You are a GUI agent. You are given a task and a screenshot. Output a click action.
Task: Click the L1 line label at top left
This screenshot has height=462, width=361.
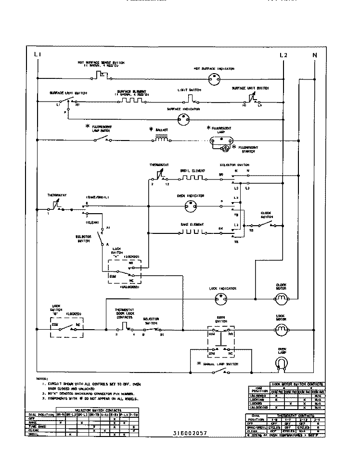[x=38, y=55]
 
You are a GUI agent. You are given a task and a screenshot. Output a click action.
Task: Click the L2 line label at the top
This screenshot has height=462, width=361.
[x=283, y=55]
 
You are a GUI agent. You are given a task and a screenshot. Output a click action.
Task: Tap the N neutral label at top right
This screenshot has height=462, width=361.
[x=315, y=55]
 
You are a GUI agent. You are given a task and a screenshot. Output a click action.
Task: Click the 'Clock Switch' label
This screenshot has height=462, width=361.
[x=267, y=214]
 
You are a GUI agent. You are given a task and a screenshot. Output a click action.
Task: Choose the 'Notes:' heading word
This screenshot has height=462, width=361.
[x=42, y=379]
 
